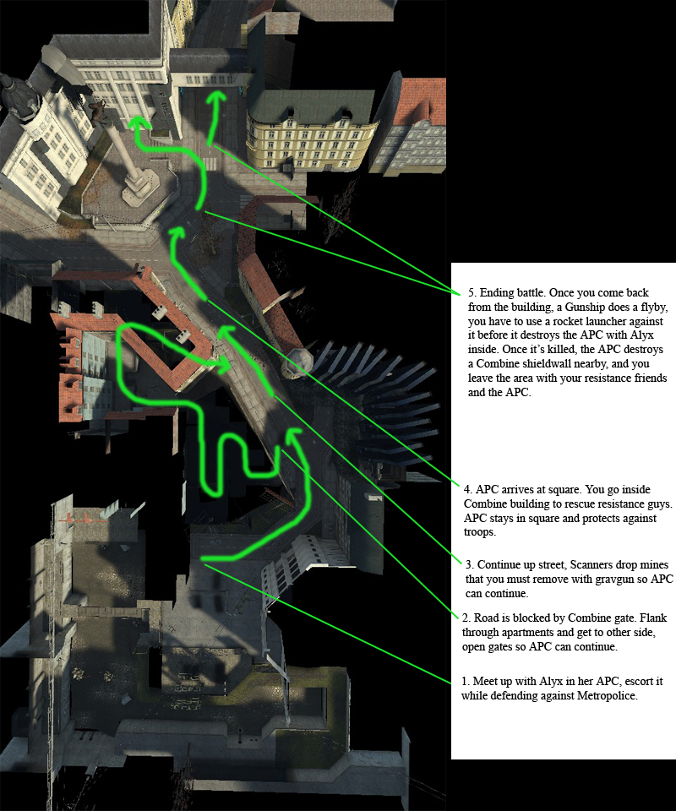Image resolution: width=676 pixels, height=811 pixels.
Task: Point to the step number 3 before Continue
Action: click(469, 563)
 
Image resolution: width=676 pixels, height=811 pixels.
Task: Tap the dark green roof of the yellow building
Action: click(311, 106)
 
